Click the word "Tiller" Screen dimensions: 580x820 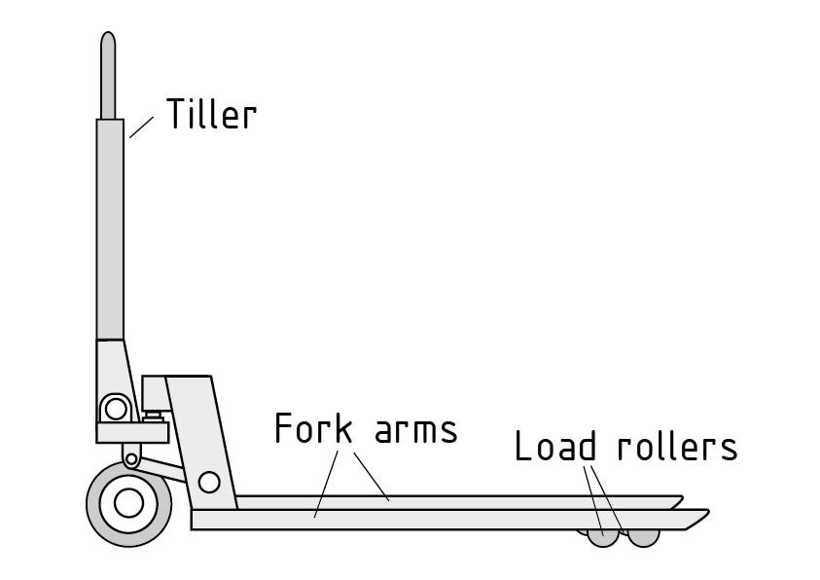coord(211,115)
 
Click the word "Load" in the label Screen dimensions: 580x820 coord(554,448)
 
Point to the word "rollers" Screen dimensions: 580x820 coord(677,448)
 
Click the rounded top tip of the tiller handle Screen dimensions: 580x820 coord(109,41)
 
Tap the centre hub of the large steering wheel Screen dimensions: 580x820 coord(127,503)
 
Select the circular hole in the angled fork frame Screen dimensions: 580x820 coord(208,482)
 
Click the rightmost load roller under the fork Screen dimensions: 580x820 coord(643,536)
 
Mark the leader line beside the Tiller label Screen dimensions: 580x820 coord(142,127)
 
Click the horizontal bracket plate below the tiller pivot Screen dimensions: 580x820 coord(131,430)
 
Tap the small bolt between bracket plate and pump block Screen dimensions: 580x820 coord(153,416)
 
